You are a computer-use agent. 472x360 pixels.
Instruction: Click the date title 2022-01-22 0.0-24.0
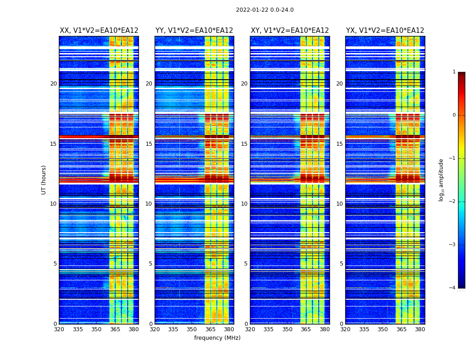(x=265, y=10)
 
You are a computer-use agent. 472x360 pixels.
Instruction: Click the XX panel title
(x=99, y=31)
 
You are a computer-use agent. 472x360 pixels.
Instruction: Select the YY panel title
(x=194, y=31)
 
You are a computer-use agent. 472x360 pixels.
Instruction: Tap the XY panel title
(x=289, y=31)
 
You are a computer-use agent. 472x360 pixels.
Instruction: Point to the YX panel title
(x=385, y=31)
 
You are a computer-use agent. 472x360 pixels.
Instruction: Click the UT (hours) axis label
(x=44, y=180)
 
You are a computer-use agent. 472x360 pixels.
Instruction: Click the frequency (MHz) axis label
(x=217, y=338)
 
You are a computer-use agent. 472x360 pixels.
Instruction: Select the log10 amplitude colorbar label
(x=441, y=180)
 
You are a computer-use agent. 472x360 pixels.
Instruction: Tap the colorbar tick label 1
(x=454, y=72)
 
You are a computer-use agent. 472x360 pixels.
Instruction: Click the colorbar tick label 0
(x=454, y=115)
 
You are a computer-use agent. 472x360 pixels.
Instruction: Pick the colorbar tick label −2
(x=453, y=202)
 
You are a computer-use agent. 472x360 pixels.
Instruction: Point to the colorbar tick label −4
(x=453, y=288)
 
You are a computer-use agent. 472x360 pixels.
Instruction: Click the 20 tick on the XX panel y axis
(x=53, y=84)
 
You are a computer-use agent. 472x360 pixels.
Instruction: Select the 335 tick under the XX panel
(x=78, y=329)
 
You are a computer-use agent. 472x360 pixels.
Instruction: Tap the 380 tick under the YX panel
(x=420, y=329)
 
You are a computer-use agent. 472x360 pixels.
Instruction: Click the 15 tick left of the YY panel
(x=149, y=144)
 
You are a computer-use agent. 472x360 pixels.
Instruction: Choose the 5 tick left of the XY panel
(x=246, y=264)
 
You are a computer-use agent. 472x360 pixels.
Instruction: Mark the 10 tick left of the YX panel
(x=339, y=204)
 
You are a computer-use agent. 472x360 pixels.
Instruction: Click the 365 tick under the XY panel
(x=306, y=329)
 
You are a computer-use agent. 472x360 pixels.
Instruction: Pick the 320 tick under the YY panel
(x=155, y=329)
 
